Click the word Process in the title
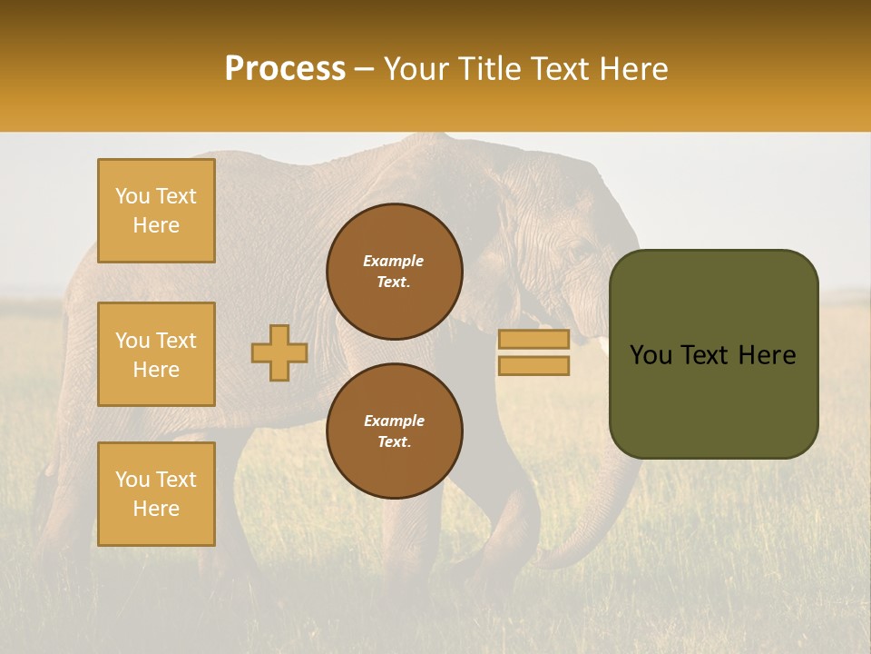285,69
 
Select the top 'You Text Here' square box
156,211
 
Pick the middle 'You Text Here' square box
156,354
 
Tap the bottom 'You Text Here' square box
156,494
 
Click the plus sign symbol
279,353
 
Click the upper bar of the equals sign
533,340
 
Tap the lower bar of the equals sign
533,366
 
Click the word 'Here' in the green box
767,355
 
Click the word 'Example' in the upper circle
394,261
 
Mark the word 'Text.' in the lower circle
394,442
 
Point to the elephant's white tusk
602,344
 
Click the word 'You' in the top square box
131,196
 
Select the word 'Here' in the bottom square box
156,509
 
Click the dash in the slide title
365,69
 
